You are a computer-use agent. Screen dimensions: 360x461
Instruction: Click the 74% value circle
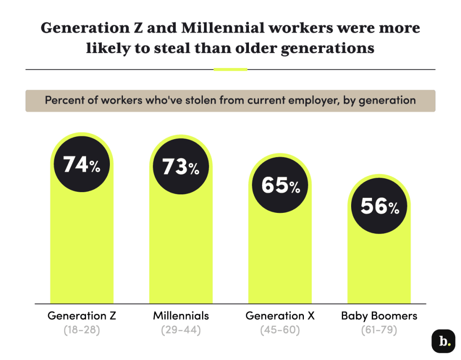(x=82, y=165)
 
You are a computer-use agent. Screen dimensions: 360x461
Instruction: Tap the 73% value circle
(x=181, y=166)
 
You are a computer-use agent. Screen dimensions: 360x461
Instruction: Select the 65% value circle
(x=280, y=185)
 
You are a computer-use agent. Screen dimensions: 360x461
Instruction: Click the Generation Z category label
(x=82, y=316)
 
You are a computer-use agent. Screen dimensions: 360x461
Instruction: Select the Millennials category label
(x=181, y=316)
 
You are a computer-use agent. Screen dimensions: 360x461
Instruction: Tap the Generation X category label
(x=280, y=316)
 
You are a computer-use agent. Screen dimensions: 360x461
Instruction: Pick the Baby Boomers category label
(x=379, y=316)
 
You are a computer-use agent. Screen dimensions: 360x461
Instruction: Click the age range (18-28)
(x=82, y=330)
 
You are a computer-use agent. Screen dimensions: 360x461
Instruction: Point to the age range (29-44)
(x=181, y=330)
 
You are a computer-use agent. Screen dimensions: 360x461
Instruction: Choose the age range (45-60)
(x=280, y=330)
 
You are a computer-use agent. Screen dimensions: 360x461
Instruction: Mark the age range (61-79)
(x=379, y=330)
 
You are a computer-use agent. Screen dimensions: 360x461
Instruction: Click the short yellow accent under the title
(x=230, y=70)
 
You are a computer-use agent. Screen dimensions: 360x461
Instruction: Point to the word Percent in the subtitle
(x=62, y=100)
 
